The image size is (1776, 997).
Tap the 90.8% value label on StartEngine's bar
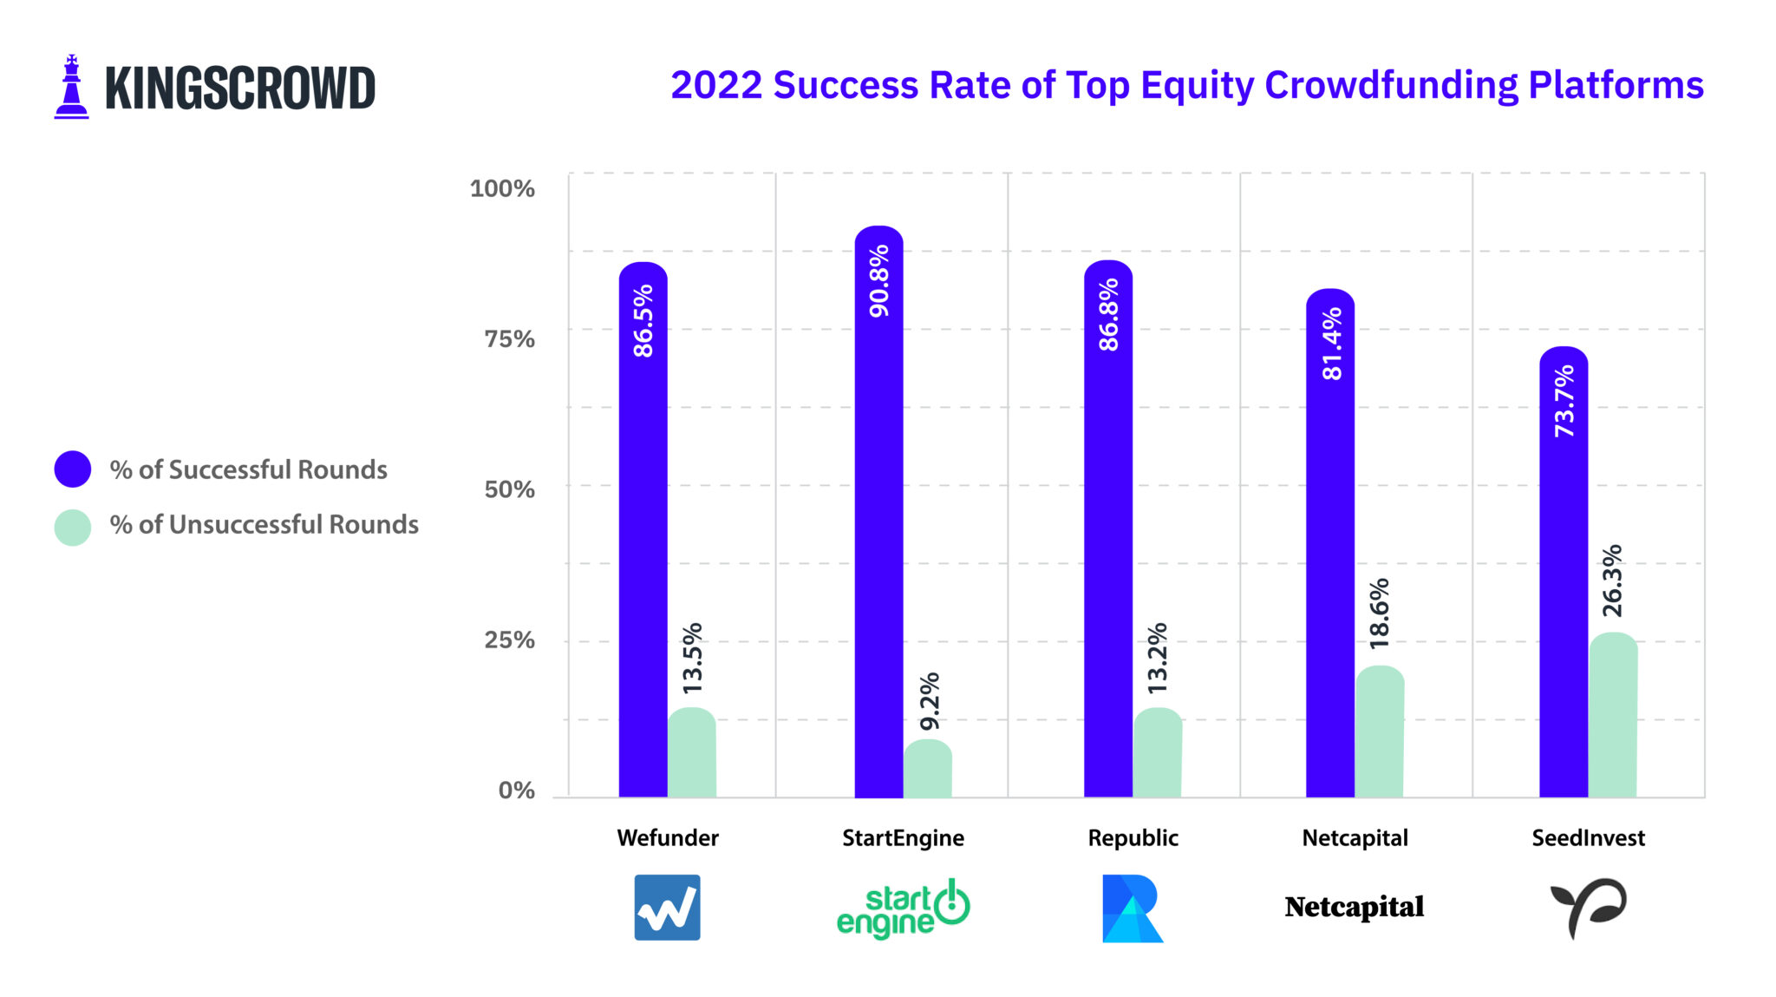tap(879, 280)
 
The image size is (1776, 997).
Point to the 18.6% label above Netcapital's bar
tap(1379, 613)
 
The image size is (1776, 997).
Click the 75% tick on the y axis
tap(509, 338)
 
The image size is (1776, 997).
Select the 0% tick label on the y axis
tap(516, 790)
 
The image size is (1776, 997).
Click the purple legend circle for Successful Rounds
tap(73, 469)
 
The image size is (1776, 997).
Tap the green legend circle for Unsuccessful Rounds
tap(73, 527)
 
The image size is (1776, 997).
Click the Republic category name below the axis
tap(1133, 837)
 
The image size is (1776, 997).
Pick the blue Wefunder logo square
tap(667, 908)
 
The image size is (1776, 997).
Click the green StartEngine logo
tap(903, 908)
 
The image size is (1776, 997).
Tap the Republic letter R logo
tap(1132, 908)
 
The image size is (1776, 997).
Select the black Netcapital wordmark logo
tap(1354, 907)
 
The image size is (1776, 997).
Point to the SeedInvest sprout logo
tap(1588, 908)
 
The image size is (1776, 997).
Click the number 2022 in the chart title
tap(716, 85)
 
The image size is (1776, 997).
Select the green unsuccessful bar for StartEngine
tap(927, 769)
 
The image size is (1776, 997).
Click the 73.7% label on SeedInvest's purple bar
tap(1564, 400)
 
